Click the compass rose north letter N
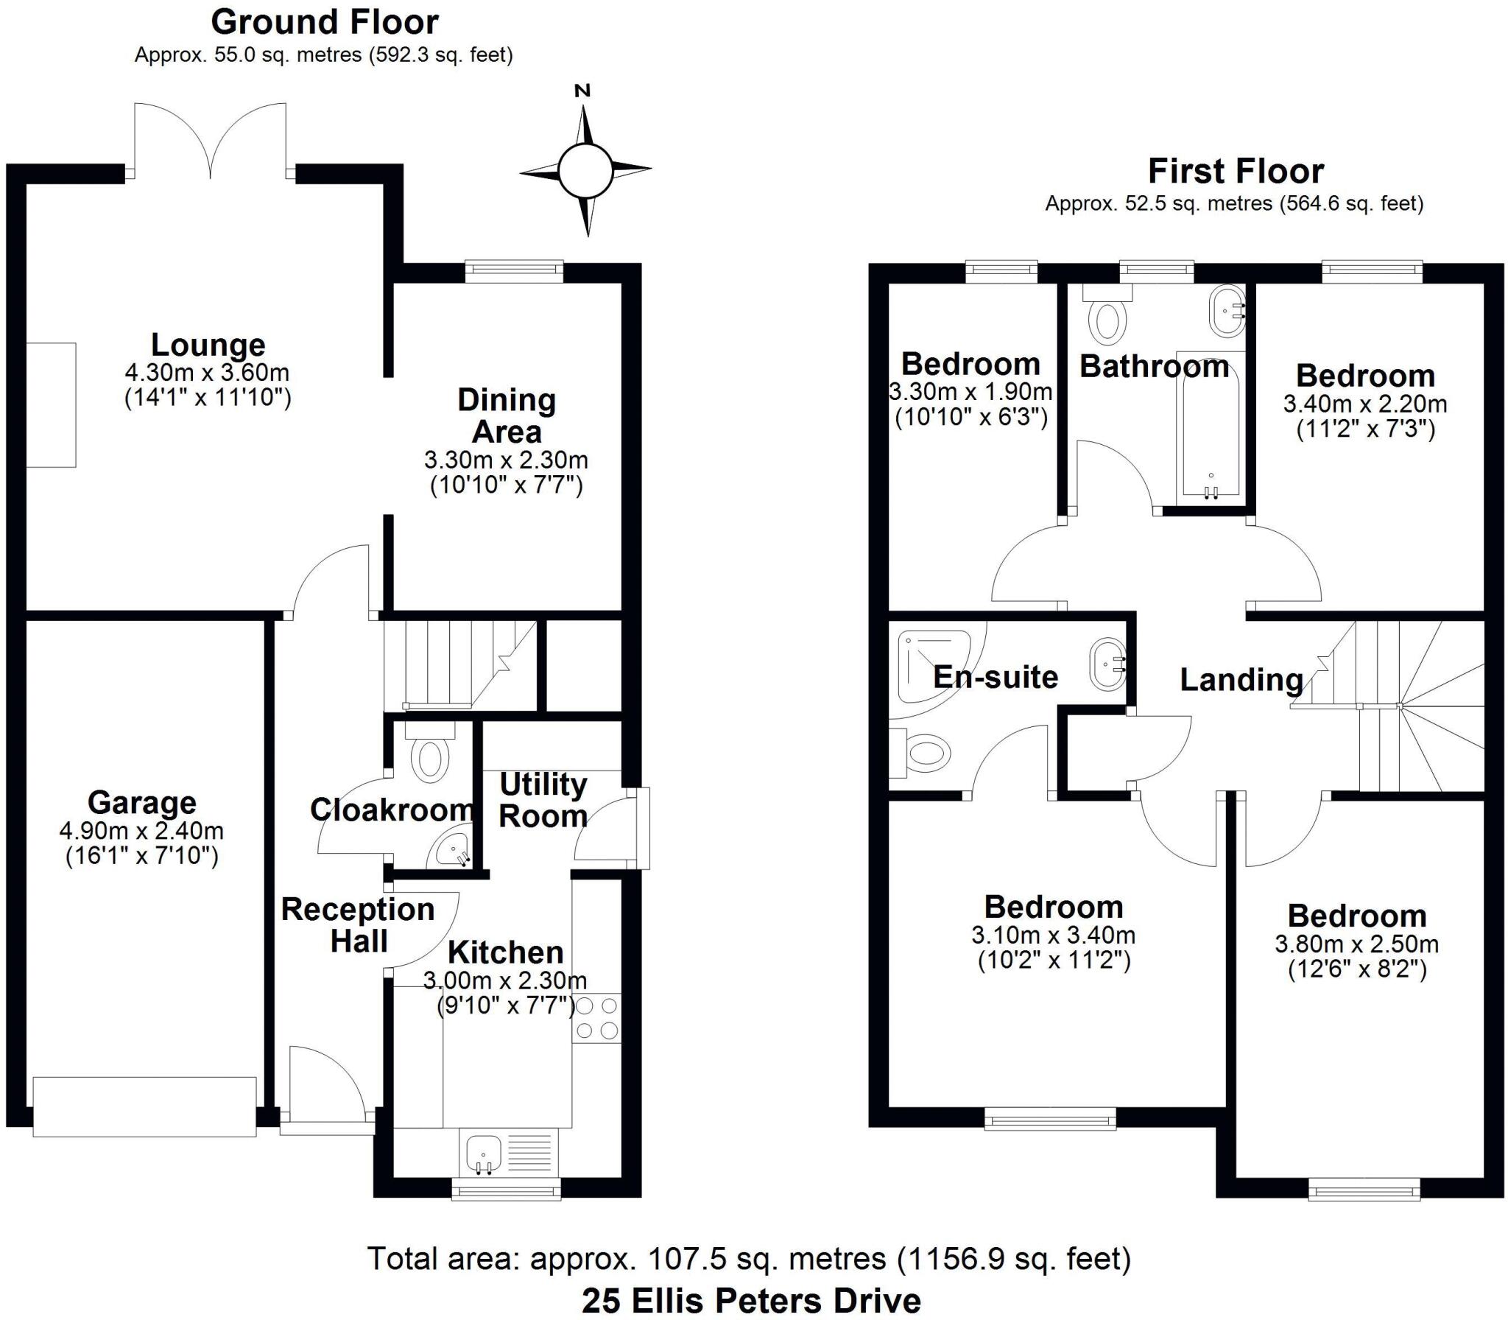point(582,91)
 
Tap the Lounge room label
point(208,345)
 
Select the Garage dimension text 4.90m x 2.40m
point(141,831)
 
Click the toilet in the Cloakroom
point(431,754)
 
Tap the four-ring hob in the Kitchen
point(596,1018)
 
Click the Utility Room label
point(543,800)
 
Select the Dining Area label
point(507,415)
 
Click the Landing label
point(1241,679)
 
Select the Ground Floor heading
point(325,22)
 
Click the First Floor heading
point(1236,172)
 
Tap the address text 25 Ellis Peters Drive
point(751,1301)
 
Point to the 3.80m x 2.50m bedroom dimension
point(1357,944)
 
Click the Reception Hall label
point(359,925)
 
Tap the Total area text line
point(749,1259)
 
